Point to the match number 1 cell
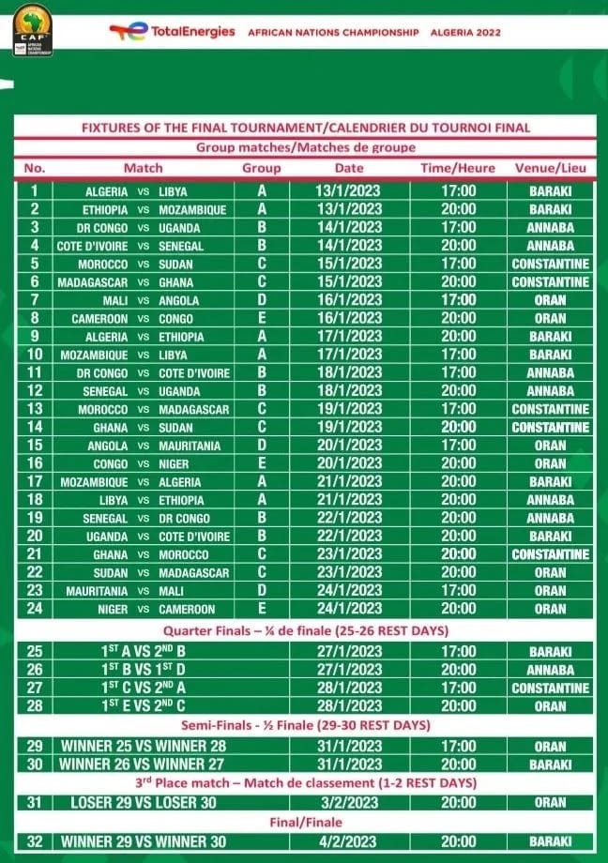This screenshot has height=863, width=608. (x=35, y=191)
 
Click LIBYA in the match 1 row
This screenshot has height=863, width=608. (x=173, y=191)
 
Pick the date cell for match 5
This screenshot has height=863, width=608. (x=349, y=264)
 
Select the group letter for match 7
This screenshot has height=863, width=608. (x=262, y=300)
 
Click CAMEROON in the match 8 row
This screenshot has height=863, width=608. (x=100, y=318)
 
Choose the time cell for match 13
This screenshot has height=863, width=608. (x=458, y=409)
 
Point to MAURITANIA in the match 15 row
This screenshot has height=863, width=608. (x=192, y=446)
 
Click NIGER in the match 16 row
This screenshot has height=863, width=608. (x=174, y=463)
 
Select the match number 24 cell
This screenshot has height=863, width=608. (x=35, y=609)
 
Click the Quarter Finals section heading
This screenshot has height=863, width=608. (x=306, y=630)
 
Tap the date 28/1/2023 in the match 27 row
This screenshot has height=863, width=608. (x=349, y=688)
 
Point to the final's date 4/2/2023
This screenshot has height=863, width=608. (x=349, y=841)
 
